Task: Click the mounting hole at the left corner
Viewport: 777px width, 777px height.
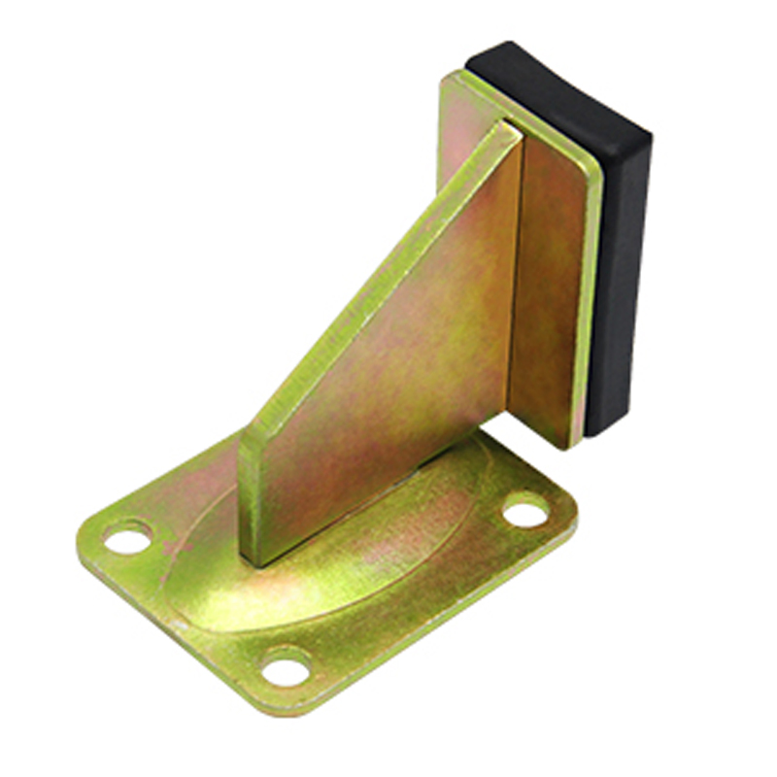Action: pos(128,537)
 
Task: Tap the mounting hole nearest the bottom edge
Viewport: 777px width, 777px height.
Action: pos(287,667)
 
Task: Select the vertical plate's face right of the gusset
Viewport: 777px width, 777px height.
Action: pos(549,291)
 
